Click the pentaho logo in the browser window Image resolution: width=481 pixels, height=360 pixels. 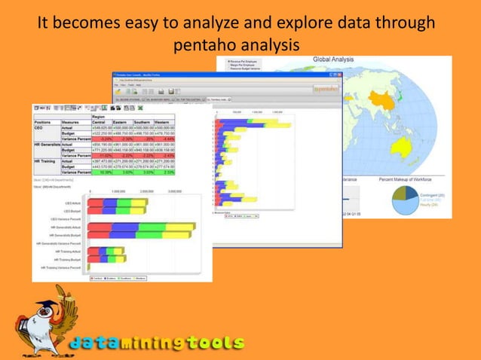click(326, 88)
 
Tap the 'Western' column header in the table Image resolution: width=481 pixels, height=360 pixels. click(164, 121)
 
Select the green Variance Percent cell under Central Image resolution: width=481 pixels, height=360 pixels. click(101, 172)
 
